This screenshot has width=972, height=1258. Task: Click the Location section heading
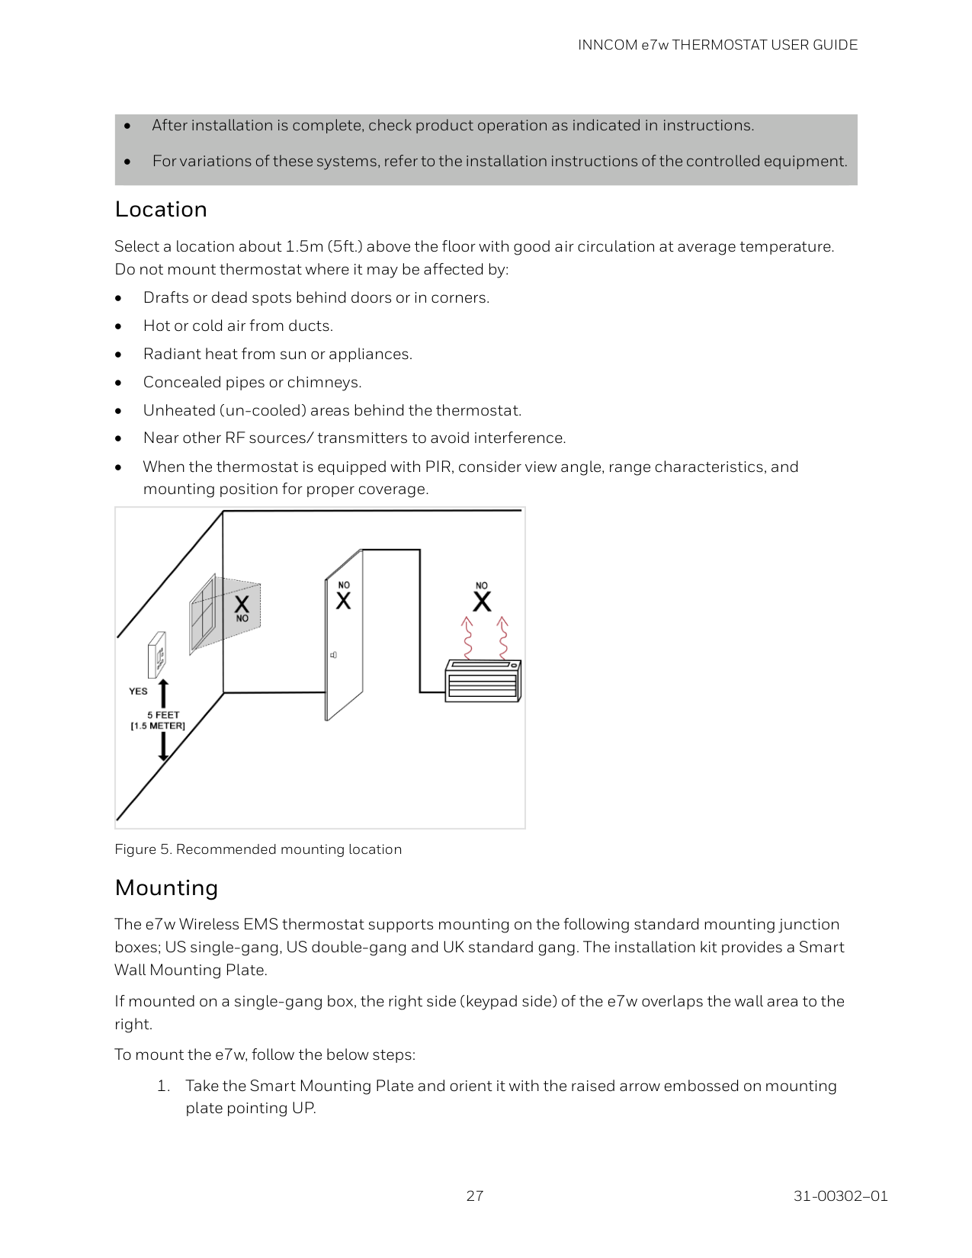[x=161, y=210]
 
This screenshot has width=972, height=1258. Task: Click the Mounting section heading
[x=166, y=887]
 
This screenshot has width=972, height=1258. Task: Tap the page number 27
[x=474, y=1195]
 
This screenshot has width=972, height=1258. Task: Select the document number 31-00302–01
[x=840, y=1195]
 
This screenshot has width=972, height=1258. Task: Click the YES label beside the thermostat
[x=138, y=692]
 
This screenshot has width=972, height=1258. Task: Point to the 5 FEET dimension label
[x=163, y=715]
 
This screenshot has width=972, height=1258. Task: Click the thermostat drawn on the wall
[x=157, y=654]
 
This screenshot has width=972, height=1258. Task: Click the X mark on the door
[x=344, y=601]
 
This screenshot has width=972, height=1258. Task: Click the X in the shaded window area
[x=242, y=605]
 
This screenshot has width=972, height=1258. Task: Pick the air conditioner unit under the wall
[x=483, y=680]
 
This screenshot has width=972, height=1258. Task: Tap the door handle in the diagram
[x=333, y=655]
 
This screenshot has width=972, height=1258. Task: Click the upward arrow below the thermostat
[x=162, y=693]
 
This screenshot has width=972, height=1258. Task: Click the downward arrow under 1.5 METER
[x=162, y=746]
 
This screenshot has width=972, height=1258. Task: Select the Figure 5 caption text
[x=258, y=849]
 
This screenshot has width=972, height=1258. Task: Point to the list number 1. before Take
[x=163, y=1086]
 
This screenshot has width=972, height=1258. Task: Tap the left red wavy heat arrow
[x=467, y=637]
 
